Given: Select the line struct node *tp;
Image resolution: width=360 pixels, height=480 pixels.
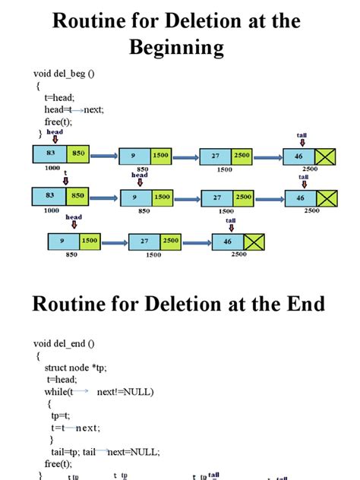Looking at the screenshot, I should click(77, 368).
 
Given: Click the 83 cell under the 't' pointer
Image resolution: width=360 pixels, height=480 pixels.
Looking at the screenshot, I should click(50, 195).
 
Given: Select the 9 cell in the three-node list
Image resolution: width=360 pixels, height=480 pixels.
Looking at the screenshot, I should click(63, 241).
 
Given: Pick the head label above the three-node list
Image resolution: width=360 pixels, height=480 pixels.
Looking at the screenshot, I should click(73, 217).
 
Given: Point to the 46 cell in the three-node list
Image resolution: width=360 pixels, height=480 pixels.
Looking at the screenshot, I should click(226, 242).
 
